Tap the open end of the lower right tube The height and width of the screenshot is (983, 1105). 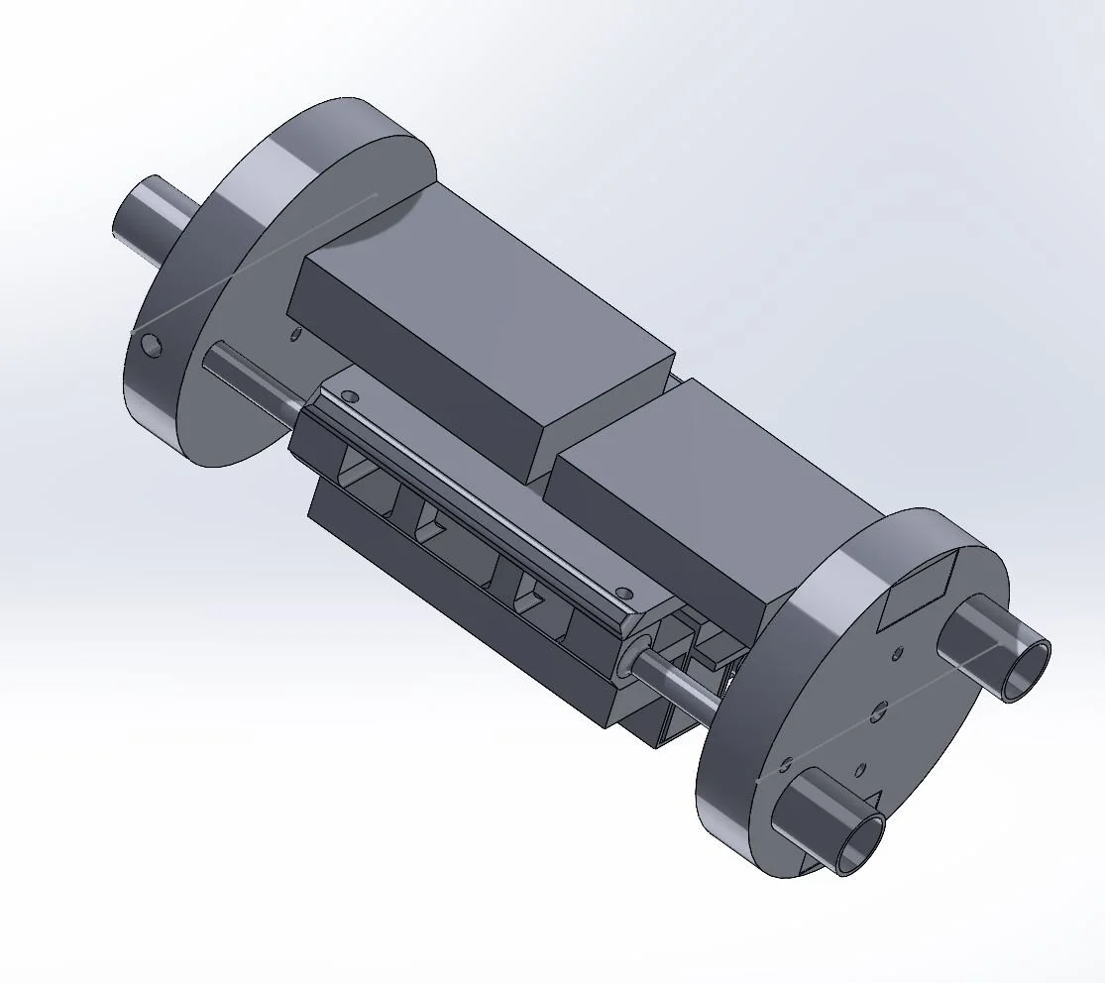pos(860,843)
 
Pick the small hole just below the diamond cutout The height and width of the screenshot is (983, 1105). pos(896,653)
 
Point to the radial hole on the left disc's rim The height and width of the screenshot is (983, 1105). pos(151,345)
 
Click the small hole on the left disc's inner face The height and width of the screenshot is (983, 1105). pos(295,334)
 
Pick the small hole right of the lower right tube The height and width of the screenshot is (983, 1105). pos(860,769)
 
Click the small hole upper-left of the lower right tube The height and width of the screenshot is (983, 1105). pos(784,765)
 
